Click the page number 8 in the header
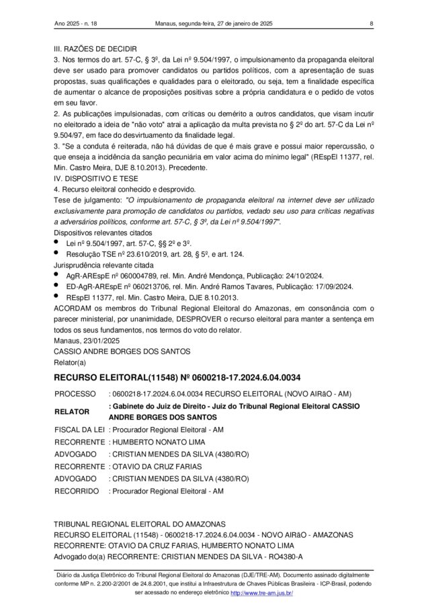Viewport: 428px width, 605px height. point(372,25)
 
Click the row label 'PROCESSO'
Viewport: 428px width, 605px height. point(75,393)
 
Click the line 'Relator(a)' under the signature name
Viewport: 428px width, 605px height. point(70,362)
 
